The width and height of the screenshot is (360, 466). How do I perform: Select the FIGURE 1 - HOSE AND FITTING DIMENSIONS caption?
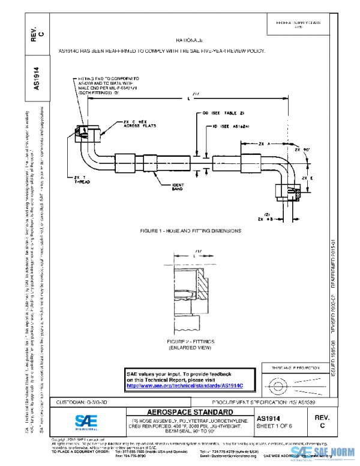click(x=190, y=231)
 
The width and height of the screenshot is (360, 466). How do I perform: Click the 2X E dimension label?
click(x=307, y=178)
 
